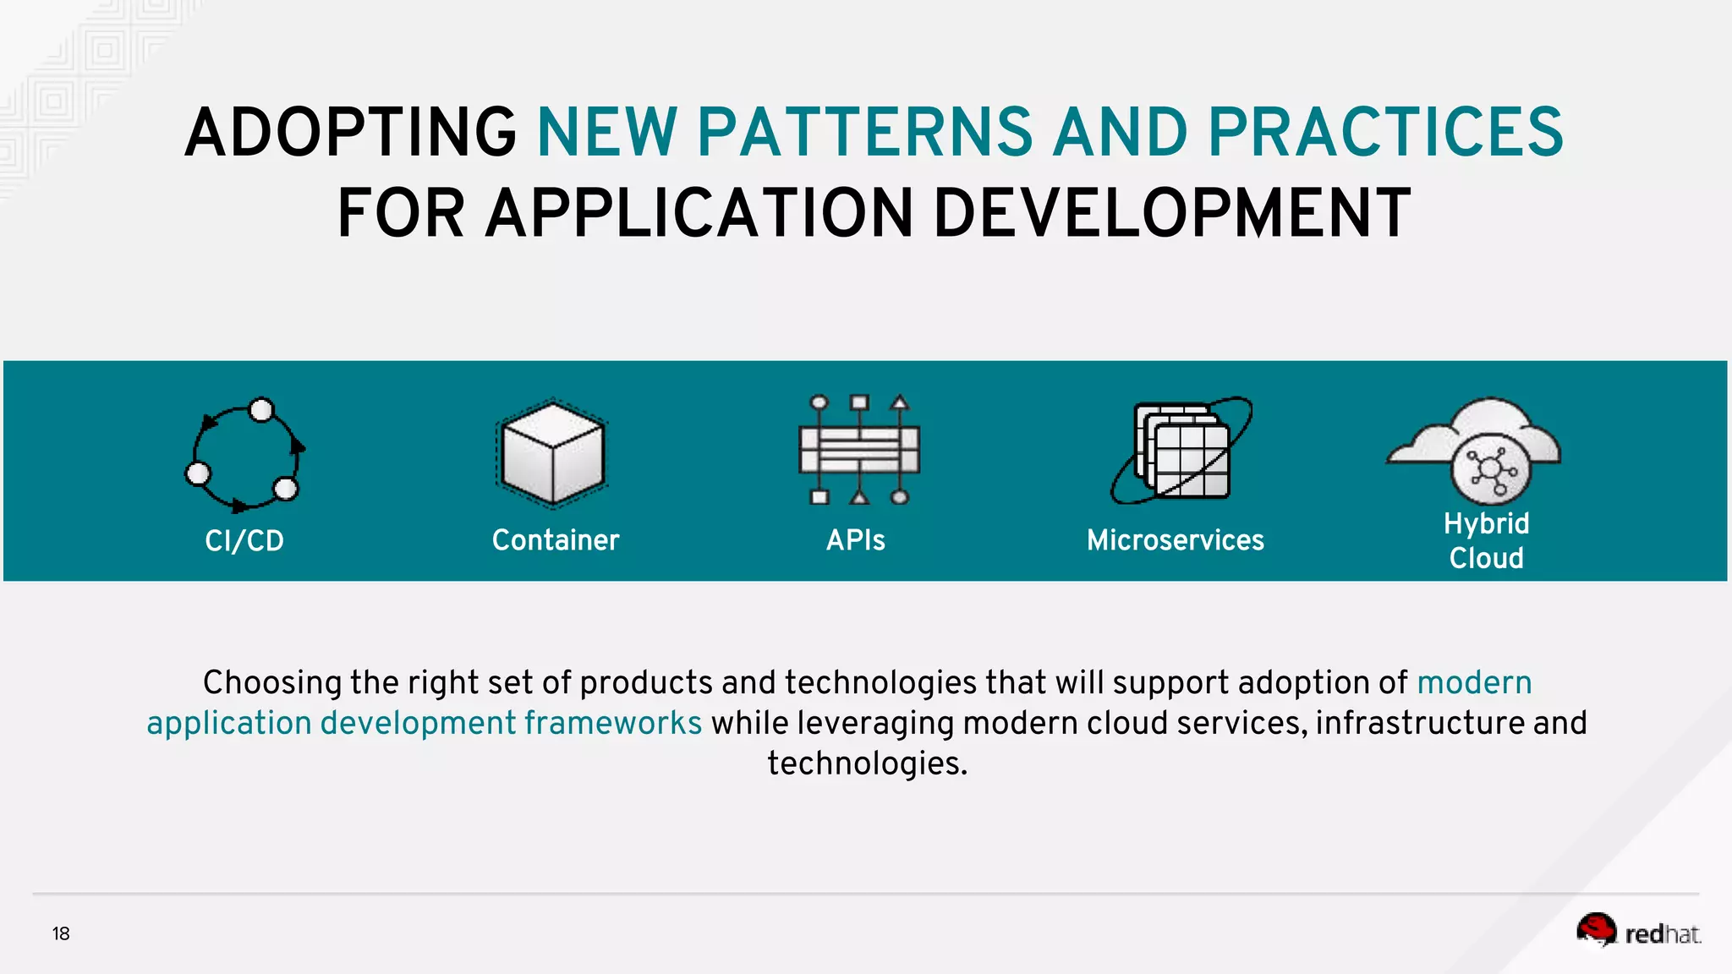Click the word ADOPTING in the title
[350, 133]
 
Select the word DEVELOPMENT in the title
[1171, 213]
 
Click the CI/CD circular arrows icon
[244, 454]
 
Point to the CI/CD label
[244, 540]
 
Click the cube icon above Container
[552, 452]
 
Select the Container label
[556, 540]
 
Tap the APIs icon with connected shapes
[858, 450]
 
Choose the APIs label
[855, 540]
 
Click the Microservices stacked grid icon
[1181, 450]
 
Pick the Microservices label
[1175, 540]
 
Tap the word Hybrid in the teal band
[1486, 523]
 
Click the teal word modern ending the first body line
[1474, 682]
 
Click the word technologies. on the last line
[867, 763]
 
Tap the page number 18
[61, 933]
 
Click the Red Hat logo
[1638, 931]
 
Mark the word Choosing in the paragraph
[272, 682]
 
